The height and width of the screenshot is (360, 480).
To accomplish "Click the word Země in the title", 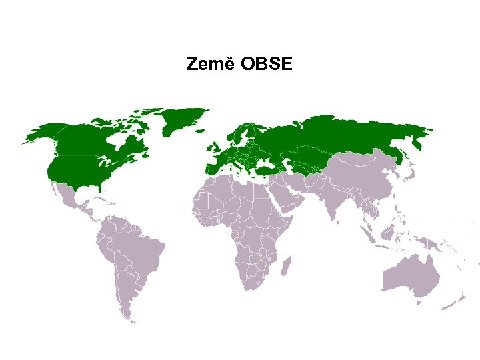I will (x=210, y=65).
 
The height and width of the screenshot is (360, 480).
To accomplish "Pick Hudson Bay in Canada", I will (x=121, y=141).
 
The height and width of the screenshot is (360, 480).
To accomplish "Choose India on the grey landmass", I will (x=331, y=203).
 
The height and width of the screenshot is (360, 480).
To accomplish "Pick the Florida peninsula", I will (x=100, y=188).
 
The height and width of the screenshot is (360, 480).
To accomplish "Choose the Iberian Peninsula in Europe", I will (x=212, y=169).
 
